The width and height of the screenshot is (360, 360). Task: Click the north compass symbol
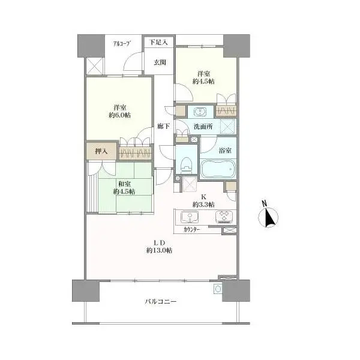click(x=268, y=217)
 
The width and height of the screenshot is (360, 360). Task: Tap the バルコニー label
click(x=161, y=301)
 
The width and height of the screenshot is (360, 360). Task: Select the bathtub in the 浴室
click(x=218, y=169)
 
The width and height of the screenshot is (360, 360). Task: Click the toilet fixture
click(x=186, y=164)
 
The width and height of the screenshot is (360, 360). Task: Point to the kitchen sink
click(x=190, y=217)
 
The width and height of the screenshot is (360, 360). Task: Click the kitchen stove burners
click(x=224, y=217)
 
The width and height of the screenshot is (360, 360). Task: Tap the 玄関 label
click(x=160, y=62)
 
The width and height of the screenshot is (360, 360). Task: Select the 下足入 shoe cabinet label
click(x=158, y=42)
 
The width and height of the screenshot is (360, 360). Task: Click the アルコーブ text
click(x=122, y=43)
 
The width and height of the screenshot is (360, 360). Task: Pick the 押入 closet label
click(x=101, y=151)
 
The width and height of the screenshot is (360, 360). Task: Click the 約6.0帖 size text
click(x=120, y=115)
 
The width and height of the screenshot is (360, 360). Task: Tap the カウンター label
click(x=192, y=230)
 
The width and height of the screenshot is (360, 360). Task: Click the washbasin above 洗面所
click(x=200, y=112)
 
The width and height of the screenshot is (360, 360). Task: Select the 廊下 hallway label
click(x=163, y=126)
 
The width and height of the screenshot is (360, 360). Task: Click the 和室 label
click(x=124, y=184)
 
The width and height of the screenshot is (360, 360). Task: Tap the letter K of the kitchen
click(x=203, y=197)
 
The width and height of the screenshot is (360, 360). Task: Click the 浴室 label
click(x=225, y=151)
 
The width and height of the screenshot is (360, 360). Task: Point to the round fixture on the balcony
click(x=218, y=289)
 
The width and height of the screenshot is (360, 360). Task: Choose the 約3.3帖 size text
click(x=203, y=205)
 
